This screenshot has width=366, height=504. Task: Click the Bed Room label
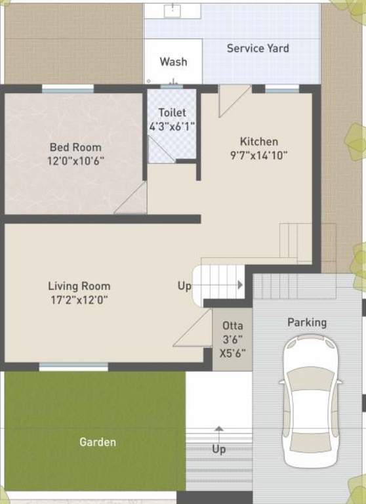(x=75, y=147)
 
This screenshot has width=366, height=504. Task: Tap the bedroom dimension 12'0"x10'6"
(x=76, y=161)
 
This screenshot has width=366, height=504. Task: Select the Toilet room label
(x=173, y=112)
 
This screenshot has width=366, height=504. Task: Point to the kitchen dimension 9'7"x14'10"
(x=258, y=156)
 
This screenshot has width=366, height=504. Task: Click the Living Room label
(x=79, y=286)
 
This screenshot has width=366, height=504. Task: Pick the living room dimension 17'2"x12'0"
(x=79, y=300)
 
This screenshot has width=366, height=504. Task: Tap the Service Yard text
(x=258, y=48)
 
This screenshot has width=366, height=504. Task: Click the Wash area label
(x=174, y=62)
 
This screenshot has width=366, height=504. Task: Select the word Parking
(x=307, y=322)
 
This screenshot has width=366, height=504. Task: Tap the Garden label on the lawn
(x=98, y=442)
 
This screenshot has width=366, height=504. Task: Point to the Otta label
(x=233, y=325)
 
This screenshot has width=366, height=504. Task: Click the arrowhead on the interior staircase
(x=240, y=285)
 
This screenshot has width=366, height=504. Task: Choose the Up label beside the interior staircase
(x=184, y=285)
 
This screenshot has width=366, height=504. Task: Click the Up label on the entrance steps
(x=219, y=449)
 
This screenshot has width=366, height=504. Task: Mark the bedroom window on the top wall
(x=68, y=89)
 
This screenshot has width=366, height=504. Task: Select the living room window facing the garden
(x=73, y=367)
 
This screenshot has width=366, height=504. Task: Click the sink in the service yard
(x=173, y=10)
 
